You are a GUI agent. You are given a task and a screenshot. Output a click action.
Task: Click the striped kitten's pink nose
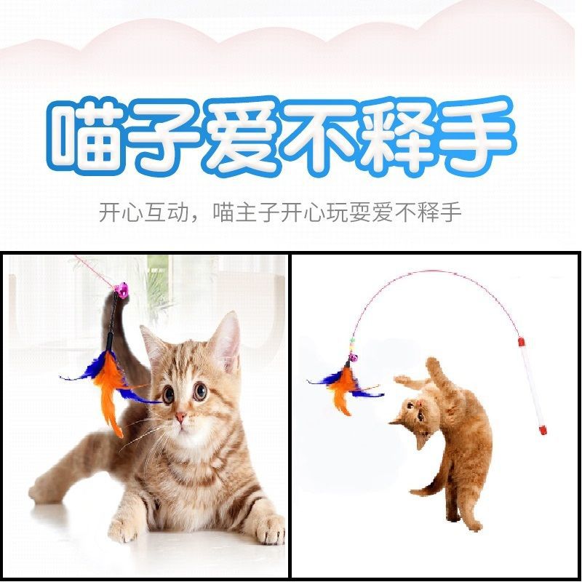coord(180,418)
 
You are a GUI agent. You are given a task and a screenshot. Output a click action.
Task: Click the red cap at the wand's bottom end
coord(542,431)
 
